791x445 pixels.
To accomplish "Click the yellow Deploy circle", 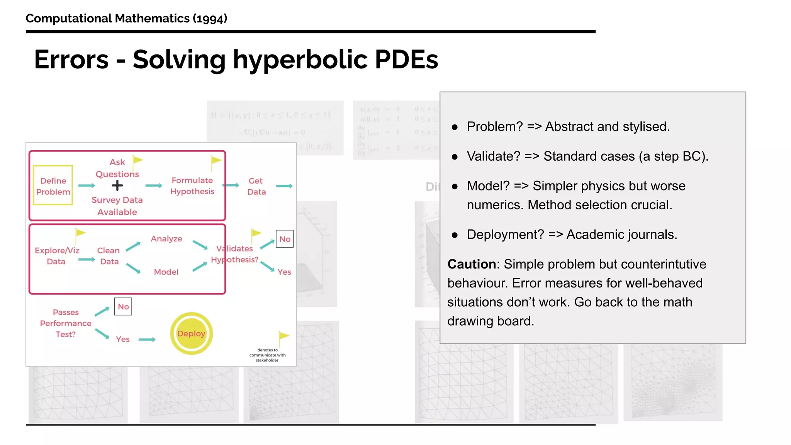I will pyautogui.click(x=191, y=333).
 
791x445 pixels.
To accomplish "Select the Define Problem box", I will pyautogui.click(x=53, y=185).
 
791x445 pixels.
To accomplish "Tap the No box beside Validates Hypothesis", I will pyautogui.click(x=285, y=239).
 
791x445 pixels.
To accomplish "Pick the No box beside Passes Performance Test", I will pyautogui.click(x=123, y=306).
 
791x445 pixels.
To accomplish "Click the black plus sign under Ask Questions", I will pyautogui.click(x=117, y=186).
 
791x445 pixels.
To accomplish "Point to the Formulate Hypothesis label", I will pyautogui.click(x=192, y=186).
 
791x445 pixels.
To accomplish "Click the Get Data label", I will pyautogui.click(x=256, y=186).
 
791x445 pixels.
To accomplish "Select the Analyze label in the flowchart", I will pyautogui.click(x=166, y=239).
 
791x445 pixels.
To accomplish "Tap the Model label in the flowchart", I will pyautogui.click(x=166, y=272).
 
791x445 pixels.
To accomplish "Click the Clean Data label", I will pyautogui.click(x=109, y=256).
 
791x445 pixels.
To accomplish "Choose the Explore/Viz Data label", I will pyautogui.click(x=57, y=256).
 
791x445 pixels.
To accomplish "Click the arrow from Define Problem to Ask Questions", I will pyautogui.click(x=87, y=186).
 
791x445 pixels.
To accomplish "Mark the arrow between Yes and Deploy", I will pyautogui.click(x=147, y=340).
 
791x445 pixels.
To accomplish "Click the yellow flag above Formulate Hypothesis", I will pyautogui.click(x=216, y=161).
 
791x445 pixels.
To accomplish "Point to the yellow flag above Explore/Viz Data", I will pyautogui.click(x=80, y=233).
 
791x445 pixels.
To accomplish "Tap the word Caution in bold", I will pyautogui.click(x=472, y=264).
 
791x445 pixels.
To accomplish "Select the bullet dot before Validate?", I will pyautogui.click(x=455, y=157).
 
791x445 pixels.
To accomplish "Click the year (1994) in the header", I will pyautogui.click(x=210, y=19).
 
